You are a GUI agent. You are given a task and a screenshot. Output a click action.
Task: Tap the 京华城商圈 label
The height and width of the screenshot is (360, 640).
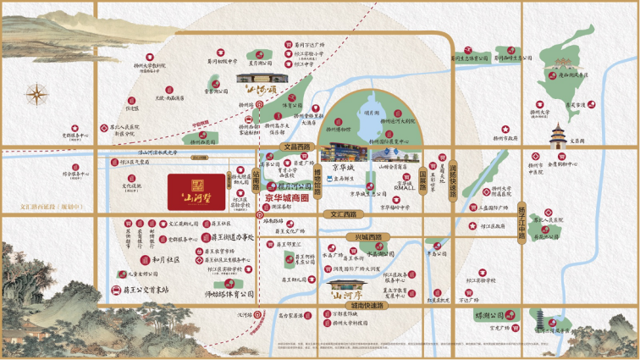click(290, 200)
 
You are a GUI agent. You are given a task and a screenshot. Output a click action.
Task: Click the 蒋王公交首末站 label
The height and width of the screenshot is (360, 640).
click(141, 290)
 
